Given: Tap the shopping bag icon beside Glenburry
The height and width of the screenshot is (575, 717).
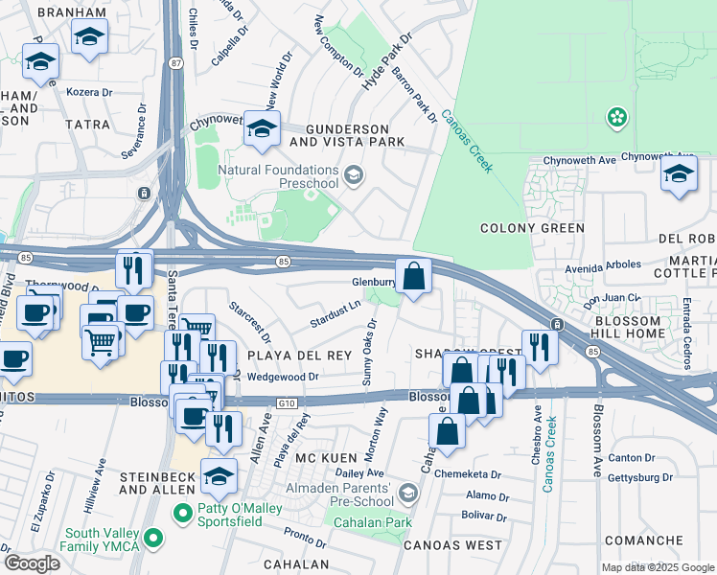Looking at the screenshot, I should (x=413, y=277).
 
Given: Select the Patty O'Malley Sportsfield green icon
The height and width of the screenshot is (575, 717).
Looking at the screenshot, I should (x=183, y=515).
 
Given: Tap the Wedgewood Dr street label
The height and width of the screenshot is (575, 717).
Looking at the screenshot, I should (x=282, y=377).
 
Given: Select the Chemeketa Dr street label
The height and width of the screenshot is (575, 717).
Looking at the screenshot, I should (x=468, y=473).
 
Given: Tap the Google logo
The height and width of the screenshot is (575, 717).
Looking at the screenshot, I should (x=32, y=563).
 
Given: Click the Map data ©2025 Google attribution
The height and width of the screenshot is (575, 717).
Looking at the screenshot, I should (x=658, y=567).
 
